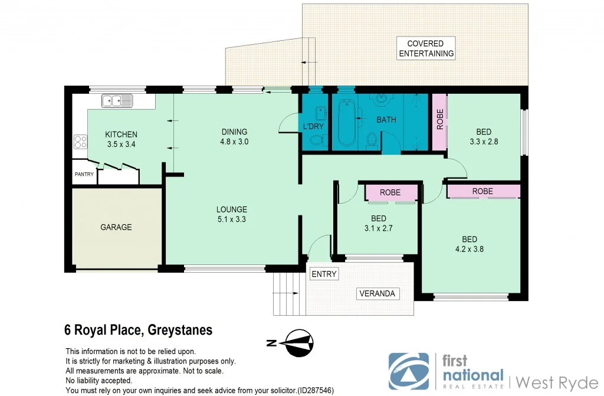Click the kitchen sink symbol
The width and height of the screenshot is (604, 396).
point(117,101)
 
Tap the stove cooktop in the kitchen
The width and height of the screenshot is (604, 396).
point(80,142)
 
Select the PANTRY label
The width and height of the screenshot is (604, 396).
point(84,175)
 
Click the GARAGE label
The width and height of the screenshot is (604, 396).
point(116,227)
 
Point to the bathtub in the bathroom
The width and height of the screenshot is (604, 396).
point(346,125)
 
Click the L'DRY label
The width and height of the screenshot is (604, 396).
point(312,126)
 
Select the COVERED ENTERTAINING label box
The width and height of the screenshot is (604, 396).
point(426,48)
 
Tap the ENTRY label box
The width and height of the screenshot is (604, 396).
point(324,274)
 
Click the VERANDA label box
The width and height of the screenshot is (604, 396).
point(378,293)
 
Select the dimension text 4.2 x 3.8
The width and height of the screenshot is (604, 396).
point(470,249)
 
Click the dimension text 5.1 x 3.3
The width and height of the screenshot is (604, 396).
point(231,220)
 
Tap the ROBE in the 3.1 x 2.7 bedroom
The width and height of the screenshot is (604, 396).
point(390,192)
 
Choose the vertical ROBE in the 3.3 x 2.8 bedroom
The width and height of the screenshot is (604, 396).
point(439,121)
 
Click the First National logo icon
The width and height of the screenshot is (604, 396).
point(409,371)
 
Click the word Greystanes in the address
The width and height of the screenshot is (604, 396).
point(180,330)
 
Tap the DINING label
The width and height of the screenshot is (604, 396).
point(234,132)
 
